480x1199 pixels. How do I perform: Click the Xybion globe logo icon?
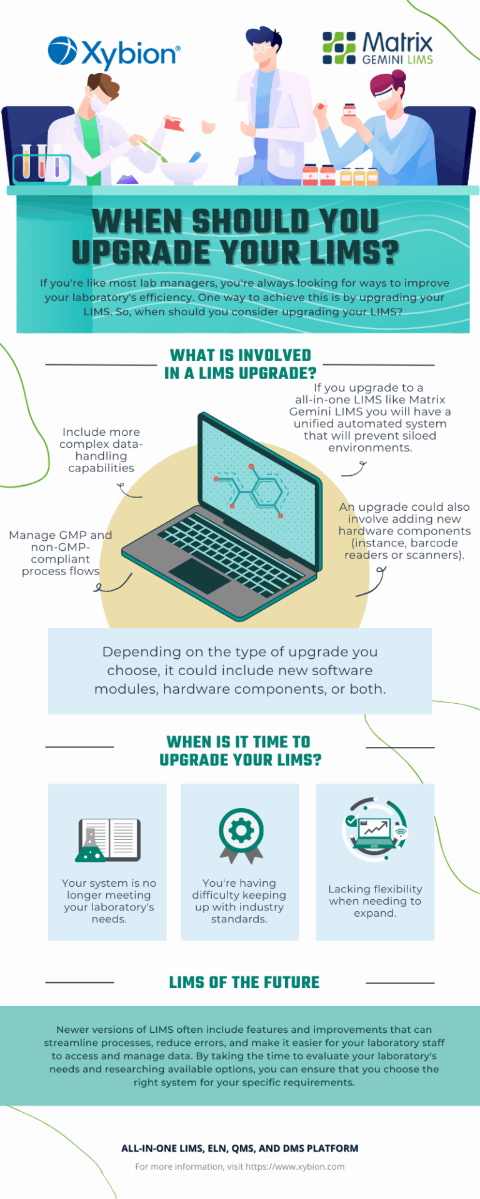62,51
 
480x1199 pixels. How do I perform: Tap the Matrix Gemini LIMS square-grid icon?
339,48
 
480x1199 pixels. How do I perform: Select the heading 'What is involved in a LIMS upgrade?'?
240,364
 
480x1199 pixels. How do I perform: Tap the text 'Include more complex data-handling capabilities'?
101,450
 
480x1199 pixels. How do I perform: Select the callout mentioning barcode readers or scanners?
404,531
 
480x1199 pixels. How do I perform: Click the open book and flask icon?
108,840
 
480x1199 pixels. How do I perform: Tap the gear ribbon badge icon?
241,836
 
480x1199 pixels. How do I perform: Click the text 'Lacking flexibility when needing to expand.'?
375,900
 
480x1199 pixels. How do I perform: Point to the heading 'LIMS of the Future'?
244,982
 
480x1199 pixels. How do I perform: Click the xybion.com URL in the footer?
295,1166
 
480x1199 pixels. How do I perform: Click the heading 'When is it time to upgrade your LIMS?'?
240,751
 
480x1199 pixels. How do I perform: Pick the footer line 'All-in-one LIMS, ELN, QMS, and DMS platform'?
240,1148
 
